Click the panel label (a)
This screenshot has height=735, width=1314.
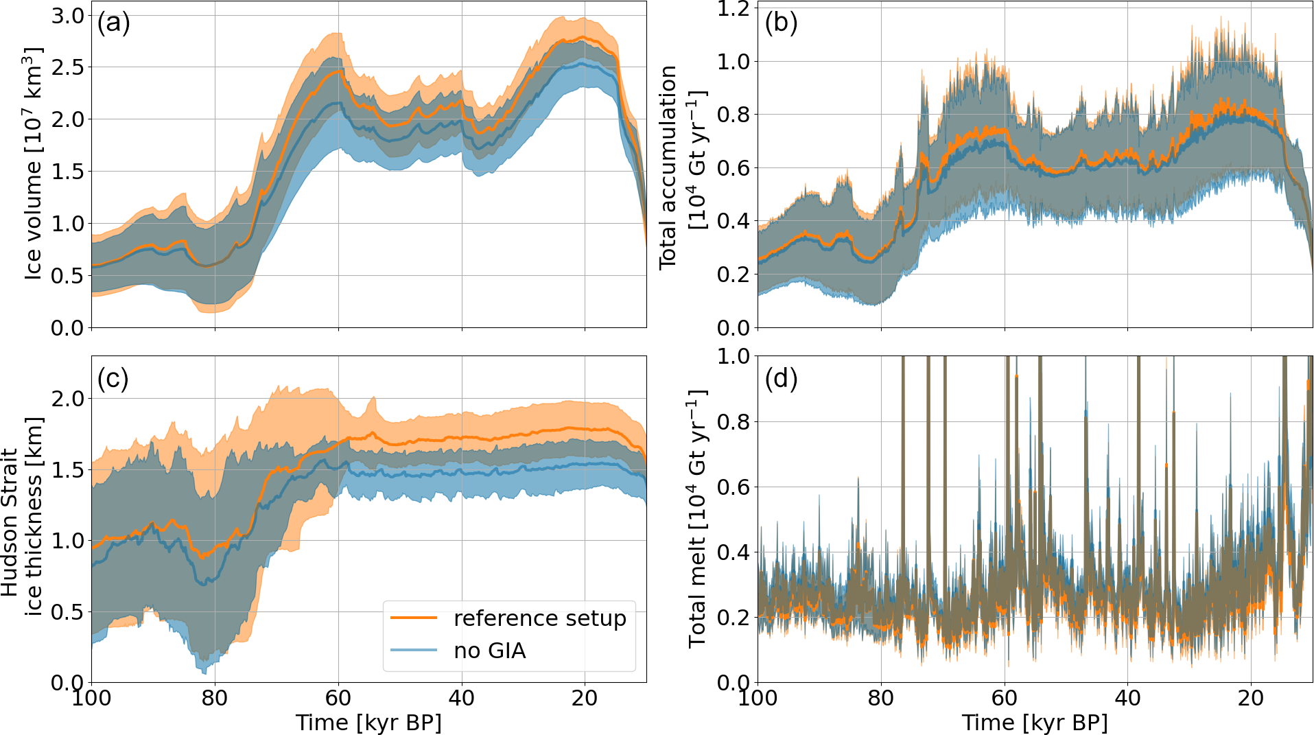click(x=113, y=23)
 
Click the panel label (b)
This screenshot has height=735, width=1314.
click(x=781, y=23)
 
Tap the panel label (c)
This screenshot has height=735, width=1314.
click(x=113, y=378)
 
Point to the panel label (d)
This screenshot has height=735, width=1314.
click(x=781, y=378)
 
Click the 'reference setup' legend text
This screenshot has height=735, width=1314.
click(x=540, y=618)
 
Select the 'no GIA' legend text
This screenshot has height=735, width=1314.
click(x=490, y=651)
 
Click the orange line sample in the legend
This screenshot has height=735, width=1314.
click(x=414, y=618)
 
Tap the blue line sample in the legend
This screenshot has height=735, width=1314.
click(x=414, y=650)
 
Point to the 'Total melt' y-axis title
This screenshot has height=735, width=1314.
click(x=698, y=519)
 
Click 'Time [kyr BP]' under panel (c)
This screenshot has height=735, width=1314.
click(x=368, y=723)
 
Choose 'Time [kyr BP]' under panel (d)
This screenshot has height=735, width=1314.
click(x=1035, y=723)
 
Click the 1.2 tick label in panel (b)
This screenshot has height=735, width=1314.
click(x=734, y=9)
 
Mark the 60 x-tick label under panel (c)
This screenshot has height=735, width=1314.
click(x=338, y=699)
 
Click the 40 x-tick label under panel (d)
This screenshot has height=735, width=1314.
click(x=1127, y=699)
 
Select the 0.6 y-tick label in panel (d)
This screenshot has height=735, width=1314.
click(x=734, y=487)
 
